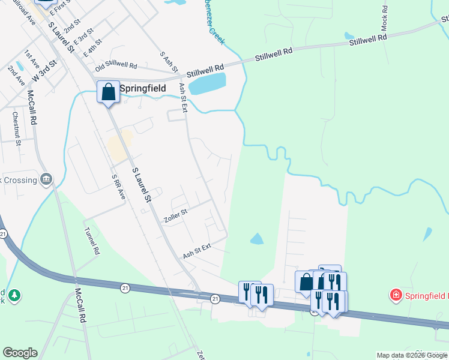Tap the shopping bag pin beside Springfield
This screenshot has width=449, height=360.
(109, 92)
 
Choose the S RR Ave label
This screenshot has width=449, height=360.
(119, 187)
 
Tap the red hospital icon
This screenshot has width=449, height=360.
(396, 295)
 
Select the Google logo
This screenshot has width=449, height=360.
(20, 353)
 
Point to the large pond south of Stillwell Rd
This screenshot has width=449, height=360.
(207, 83)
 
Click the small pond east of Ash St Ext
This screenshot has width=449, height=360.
(257, 239)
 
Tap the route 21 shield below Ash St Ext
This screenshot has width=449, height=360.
(215, 298)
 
